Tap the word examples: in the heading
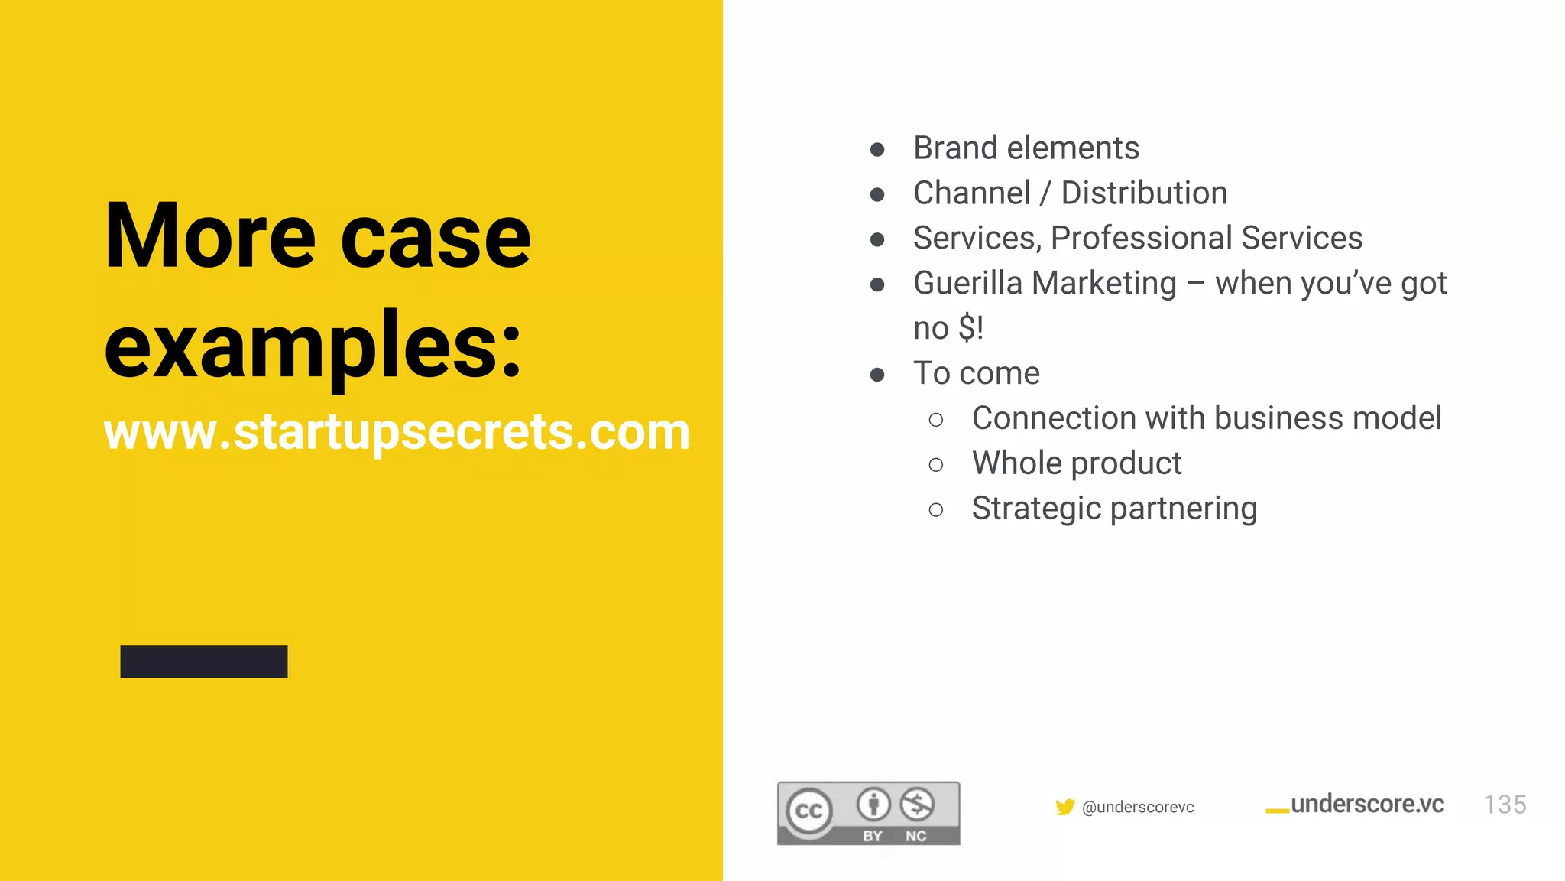coord(313,348)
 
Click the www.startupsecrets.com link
coord(397,432)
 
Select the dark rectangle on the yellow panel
coord(204,662)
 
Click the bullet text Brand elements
coord(1026,148)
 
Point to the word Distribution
coord(1144,193)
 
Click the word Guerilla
coord(967,284)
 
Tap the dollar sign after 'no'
coord(967,329)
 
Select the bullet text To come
coord(976,374)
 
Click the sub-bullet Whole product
coord(1076,463)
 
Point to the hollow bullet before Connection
coord(936,420)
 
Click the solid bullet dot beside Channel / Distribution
coord(877,194)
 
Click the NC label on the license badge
coord(915,836)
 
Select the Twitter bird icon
coord(1064,807)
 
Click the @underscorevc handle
coord(1138,808)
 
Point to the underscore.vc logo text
coord(1366,805)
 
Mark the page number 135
coord(1504,805)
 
